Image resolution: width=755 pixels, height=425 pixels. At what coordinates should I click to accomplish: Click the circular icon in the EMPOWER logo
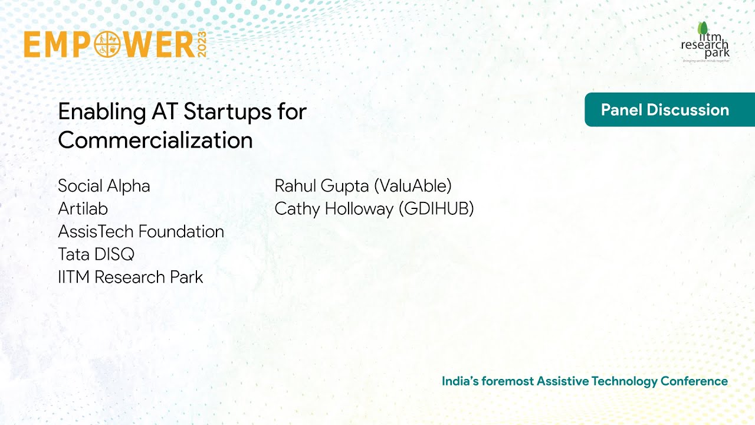[107, 45]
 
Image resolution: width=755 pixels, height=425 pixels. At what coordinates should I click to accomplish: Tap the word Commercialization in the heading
[155, 140]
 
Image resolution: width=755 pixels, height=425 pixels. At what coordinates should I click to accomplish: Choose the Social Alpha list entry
[104, 186]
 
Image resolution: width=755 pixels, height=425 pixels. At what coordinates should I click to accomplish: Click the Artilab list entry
[83, 209]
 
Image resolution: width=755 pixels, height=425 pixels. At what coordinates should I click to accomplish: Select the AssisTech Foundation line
[141, 231]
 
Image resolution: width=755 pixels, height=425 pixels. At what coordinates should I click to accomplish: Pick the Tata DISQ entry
[96, 254]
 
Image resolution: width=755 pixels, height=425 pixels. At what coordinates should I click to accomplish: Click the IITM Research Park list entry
[130, 277]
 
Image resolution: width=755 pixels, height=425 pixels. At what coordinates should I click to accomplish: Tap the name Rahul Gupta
[322, 186]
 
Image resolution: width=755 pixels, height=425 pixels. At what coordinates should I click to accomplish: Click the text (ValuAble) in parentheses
[412, 186]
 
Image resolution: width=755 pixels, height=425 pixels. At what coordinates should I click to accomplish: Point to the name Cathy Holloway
[334, 209]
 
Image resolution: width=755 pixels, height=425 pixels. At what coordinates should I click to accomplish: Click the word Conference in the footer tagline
[694, 381]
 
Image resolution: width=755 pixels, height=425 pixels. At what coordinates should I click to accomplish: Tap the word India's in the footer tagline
[459, 381]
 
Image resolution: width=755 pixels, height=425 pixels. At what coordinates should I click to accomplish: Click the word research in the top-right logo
[704, 45]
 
